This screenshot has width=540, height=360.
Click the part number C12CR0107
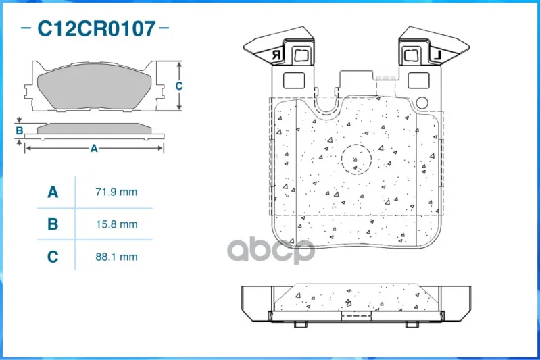[97, 28]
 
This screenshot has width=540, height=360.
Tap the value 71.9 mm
[116, 192]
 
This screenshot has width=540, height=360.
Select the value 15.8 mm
[116, 224]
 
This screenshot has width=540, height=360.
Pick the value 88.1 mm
[116, 257]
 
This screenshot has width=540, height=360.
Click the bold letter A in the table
[53, 192]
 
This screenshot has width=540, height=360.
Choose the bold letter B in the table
[53, 224]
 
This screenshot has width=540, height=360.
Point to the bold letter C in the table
[53, 257]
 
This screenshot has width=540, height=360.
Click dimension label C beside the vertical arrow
[178, 86]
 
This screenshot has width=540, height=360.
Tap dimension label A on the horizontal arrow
[94, 149]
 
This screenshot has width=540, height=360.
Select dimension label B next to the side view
[20, 130]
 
